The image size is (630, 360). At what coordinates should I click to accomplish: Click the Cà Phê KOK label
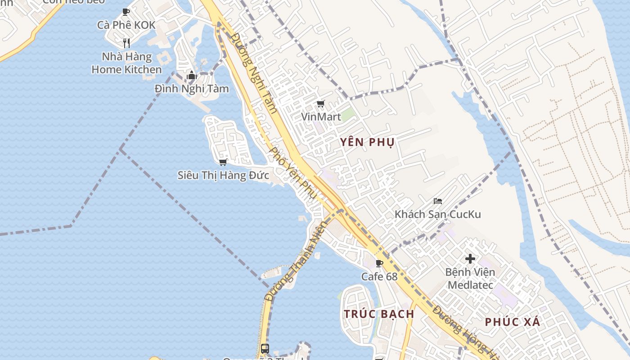coord(126,25)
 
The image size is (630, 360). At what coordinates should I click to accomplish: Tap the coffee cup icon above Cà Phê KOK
coord(126,12)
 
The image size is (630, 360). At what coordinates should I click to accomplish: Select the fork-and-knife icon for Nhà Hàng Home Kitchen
coord(126,43)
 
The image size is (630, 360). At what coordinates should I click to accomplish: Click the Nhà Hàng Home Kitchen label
coord(126,63)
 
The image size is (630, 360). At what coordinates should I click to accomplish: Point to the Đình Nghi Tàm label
coord(192,89)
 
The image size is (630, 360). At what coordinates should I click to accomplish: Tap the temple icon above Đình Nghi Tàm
coord(192,75)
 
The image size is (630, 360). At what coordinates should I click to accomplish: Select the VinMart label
coord(321,117)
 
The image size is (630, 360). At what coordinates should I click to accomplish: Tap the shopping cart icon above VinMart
coord(321,104)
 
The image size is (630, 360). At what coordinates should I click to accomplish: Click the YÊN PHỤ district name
coord(367,143)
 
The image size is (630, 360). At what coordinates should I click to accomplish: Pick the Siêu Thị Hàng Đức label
coord(224,175)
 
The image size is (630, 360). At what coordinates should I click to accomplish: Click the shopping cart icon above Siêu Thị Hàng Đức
coord(223,162)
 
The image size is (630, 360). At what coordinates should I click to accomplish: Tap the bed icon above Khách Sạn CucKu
coord(438,201)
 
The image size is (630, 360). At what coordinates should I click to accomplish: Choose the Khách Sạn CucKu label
coord(438,214)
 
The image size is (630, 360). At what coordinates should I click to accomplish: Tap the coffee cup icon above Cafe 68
coord(379,263)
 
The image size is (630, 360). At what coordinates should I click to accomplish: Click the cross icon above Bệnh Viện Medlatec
coord(470,259)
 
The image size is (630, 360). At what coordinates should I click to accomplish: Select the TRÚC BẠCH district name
coord(379,314)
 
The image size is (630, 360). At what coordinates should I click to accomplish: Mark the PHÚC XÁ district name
coord(513,322)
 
